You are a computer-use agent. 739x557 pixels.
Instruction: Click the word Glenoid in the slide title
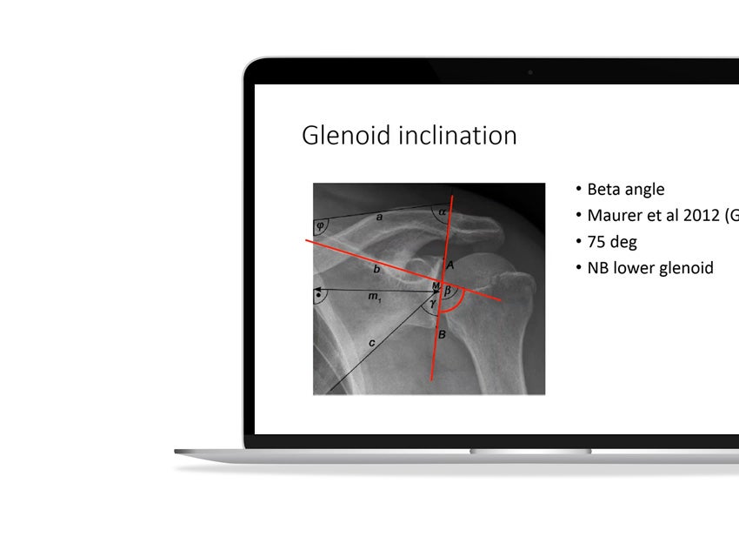(342, 136)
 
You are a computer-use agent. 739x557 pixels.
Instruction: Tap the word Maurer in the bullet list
(620, 216)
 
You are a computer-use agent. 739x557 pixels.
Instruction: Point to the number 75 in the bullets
(597, 242)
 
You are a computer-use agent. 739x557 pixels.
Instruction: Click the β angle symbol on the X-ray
(449, 292)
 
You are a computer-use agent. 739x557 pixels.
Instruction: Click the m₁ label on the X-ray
(374, 299)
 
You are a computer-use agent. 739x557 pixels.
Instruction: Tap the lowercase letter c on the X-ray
(371, 343)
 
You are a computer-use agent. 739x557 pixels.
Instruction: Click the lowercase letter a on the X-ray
(379, 217)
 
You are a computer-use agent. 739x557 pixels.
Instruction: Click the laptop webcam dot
(530, 72)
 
